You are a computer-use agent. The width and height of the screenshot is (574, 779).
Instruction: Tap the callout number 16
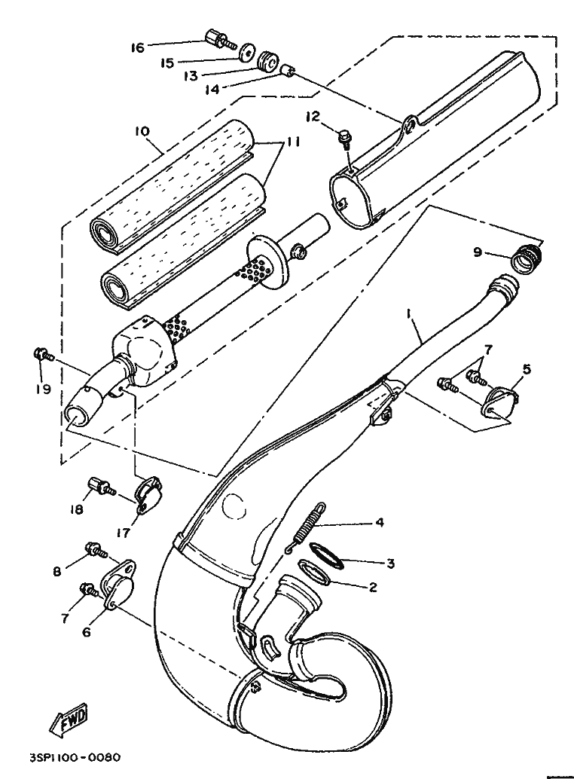pyautogui.click(x=138, y=47)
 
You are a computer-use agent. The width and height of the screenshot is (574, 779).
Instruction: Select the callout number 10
pyautogui.click(x=142, y=132)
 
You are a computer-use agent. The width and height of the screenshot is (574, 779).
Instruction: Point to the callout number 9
pyautogui.click(x=478, y=253)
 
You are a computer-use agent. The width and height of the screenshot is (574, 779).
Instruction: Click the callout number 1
pyautogui.click(x=408, y=313)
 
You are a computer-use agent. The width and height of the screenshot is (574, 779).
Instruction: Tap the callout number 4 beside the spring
pyautogui.click(x=380, y=522)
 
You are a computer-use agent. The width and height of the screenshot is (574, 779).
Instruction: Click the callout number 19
pyautogui.click(x=44, y=389)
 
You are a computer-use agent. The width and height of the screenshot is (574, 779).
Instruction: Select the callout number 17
pyautogui.click(x=123, y=533)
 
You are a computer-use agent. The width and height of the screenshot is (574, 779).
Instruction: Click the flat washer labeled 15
pyautogui.click(x=246, y=53)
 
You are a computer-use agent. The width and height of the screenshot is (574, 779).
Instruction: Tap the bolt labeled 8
pyautogui.click(x=96, y=549)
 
